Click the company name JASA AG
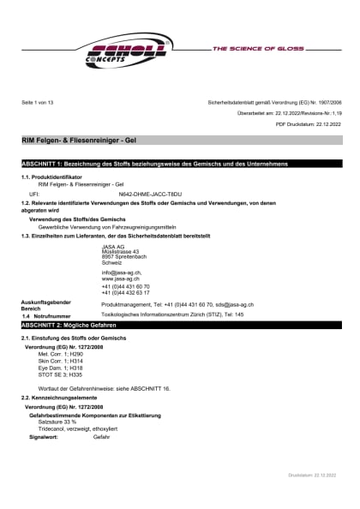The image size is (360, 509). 113,247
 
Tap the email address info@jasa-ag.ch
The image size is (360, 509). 122,272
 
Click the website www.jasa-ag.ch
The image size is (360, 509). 120,278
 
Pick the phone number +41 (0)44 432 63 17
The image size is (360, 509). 125,292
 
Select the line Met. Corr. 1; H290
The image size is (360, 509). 61,353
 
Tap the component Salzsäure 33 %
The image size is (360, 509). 58,422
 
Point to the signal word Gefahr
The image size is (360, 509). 101,436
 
